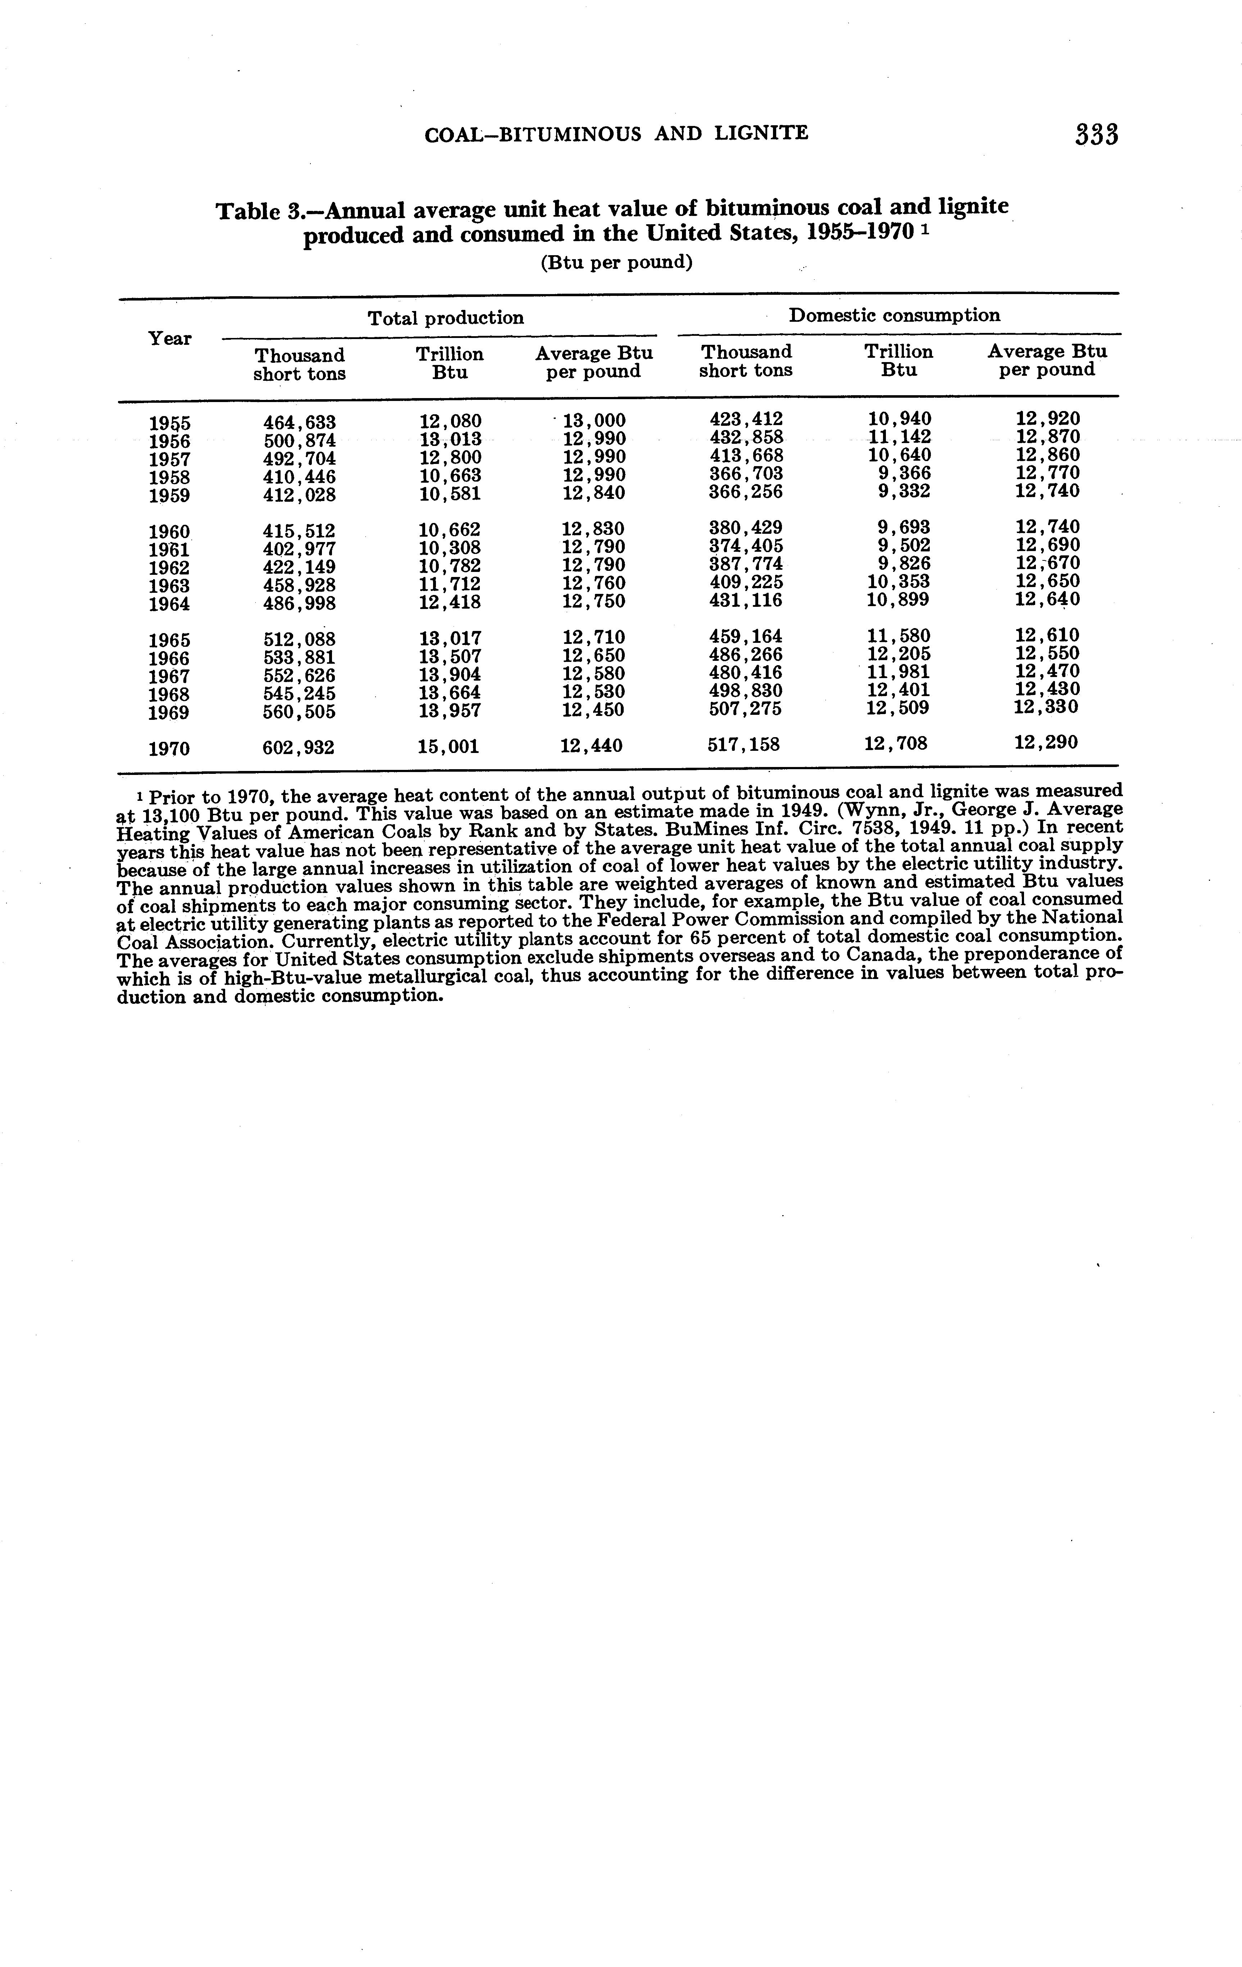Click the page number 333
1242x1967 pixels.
[1096, 135]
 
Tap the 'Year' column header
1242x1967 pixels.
[170, 338]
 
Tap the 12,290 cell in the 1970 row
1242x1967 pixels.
[1046, 743]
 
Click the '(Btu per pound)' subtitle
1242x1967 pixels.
[617, 263]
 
